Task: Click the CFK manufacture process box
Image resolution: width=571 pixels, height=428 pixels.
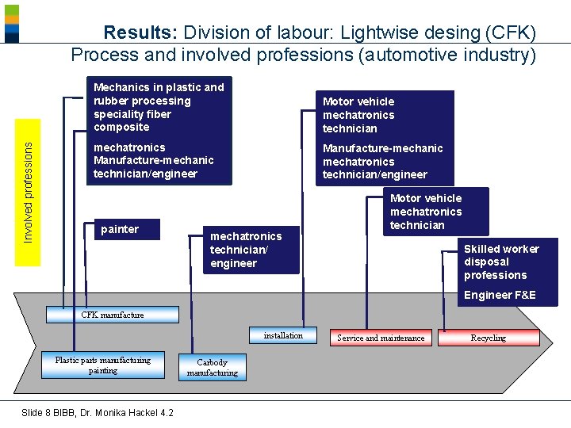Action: (x=112, y=315)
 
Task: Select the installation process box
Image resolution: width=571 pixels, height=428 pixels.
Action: (x=283, y=336)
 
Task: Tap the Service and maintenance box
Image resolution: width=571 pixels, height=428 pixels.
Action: (x=380, y=338)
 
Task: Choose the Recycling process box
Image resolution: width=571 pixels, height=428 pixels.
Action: (x=489, y=338)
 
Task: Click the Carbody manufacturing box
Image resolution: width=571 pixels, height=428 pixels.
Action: (x=212, y=368)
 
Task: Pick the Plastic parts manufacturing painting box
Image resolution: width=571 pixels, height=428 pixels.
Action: (x=103, y=365)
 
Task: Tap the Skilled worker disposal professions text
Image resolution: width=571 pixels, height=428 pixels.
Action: (x=501, y=262)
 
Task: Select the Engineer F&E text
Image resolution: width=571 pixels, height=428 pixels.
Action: (x=500, y=295)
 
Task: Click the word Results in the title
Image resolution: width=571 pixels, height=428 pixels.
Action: (x=140, y=33)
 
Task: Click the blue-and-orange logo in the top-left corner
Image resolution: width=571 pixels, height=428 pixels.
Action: (x=11, y=22)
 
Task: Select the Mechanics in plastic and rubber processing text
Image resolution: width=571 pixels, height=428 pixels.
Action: (x=159, y=106)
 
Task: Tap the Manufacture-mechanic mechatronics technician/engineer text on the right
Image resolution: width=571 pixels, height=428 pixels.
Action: (x=383, y=161)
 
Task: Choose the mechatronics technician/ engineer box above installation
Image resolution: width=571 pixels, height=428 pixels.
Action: (x=246, y=250)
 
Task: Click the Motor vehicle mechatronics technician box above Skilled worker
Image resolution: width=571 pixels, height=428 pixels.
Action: (x=426, y=212)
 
